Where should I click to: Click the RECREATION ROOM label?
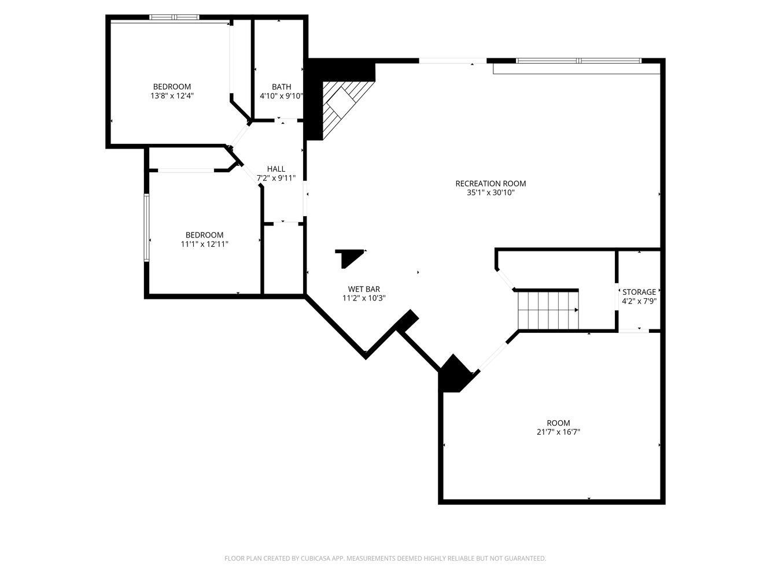490,184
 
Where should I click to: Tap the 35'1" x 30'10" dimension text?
490,193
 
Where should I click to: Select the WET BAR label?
364,289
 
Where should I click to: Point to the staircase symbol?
547,310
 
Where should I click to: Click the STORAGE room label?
639,292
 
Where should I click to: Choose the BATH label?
281,87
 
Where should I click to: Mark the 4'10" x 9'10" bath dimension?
281,96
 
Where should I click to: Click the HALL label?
276,169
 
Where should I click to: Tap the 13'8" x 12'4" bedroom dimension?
172,96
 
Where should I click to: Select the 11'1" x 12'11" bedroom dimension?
204,244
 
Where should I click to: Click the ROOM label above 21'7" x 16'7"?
558,423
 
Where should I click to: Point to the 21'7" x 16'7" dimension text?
558,432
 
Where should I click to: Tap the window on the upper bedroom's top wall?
175,17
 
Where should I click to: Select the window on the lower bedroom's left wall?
147,228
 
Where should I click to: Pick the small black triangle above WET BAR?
349,257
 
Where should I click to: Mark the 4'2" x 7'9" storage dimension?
639,301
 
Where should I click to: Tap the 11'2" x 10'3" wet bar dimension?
364,298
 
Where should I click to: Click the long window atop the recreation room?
578,61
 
